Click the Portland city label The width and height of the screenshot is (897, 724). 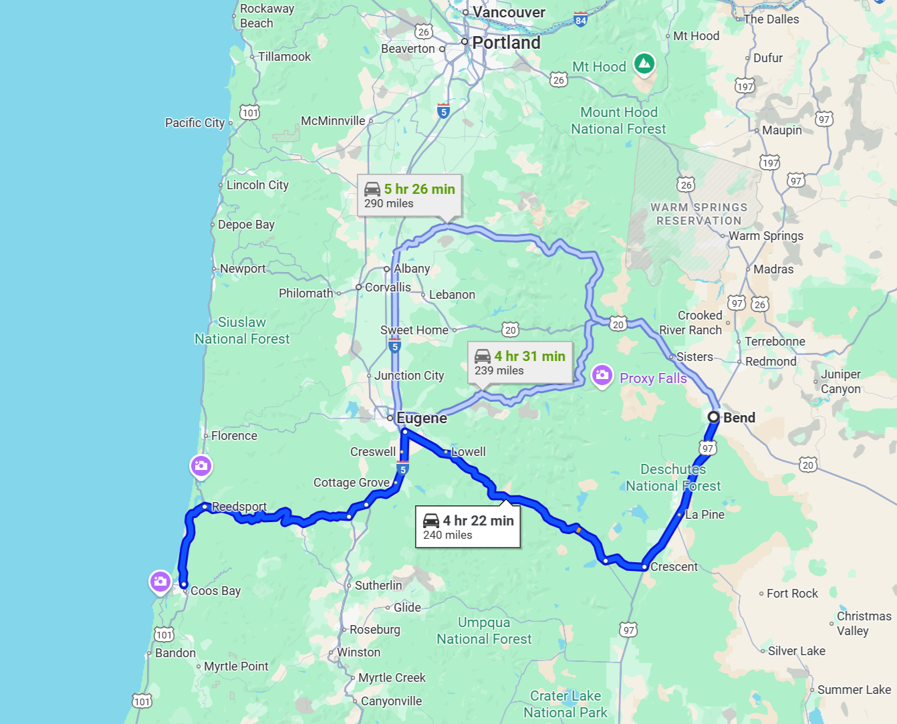click(506, 42)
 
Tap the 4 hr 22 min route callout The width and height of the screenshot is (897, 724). click(468, 527)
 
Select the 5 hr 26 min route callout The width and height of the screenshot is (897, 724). click(409, 195)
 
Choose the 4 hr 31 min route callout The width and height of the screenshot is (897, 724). click(519, 363)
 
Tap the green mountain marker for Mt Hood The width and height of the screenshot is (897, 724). click(644, 64)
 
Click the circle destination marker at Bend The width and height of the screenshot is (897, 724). click(714, 417)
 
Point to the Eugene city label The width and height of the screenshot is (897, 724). click(421, 418)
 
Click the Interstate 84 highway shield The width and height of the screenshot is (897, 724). click(580, 20)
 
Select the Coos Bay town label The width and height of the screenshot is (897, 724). click(215, 591)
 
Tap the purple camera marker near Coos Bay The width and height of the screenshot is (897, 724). click(160, 581)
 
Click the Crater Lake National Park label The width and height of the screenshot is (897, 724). click(565, 705)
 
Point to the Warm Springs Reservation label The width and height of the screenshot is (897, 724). click(698, 214)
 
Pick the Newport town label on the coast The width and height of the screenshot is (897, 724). click(243, 269)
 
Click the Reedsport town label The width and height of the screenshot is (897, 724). click(239, 507)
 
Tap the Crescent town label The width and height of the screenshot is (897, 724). click(674, 567)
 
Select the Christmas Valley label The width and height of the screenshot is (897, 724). click(864, 623)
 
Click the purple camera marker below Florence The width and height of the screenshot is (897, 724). click(201, 465)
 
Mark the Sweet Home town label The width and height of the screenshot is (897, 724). click(414, 330)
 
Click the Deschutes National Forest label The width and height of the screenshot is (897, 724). click(673, 477)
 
